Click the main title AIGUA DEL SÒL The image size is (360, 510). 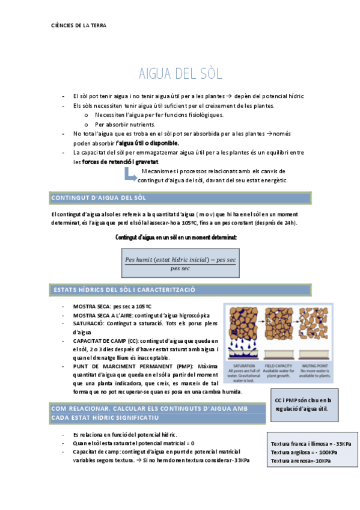[180, 74]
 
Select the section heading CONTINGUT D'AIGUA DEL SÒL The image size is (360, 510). [99, 197]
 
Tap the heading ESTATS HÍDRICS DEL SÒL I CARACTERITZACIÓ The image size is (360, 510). [124, 289]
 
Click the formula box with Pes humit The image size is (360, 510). [180, 263]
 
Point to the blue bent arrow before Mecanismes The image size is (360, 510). [129, 175]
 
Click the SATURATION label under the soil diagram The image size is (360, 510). [243, 365]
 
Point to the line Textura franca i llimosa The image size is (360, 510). [311, 444]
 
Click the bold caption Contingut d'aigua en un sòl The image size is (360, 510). [175, 238]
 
